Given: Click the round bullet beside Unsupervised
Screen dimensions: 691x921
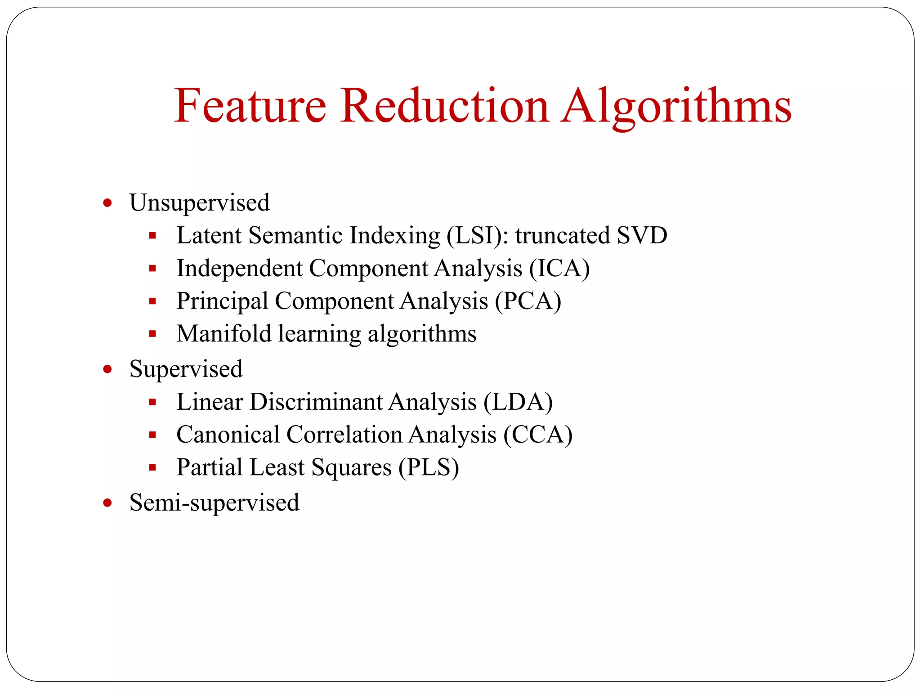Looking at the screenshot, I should pyautogui.click(x=107, y=203).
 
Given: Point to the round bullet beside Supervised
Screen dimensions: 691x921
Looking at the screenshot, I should pyautogui.click(x=107, y=369).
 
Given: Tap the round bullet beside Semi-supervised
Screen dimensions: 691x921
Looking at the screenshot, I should pyautogui.click(x=107, y=503).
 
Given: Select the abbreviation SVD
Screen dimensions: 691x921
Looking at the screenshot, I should pyautogui.click(x=642, y=235).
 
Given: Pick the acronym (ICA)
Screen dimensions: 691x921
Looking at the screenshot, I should pyautogui.click(x=559, y=269).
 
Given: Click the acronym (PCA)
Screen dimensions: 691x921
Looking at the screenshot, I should pyautogui.click(x=528, y=301).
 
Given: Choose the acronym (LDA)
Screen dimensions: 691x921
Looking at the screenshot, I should pyautogui.click(x=518, y=402).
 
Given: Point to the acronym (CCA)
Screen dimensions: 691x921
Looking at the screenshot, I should pyautogui.click(x=538, y=435).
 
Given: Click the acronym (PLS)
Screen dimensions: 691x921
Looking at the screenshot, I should pyautogui.click(x=429, y=467).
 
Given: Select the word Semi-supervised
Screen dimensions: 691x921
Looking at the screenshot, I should pyautogui.click(x=214, y=503).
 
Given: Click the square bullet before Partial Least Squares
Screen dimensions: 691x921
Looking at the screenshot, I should pyautogui.click(x=152, y=467).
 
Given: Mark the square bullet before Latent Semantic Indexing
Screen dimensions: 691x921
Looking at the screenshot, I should pyautogui.click(x=152, y=235).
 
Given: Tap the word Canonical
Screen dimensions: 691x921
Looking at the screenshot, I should pyautogui.click(x=228, y=435).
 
